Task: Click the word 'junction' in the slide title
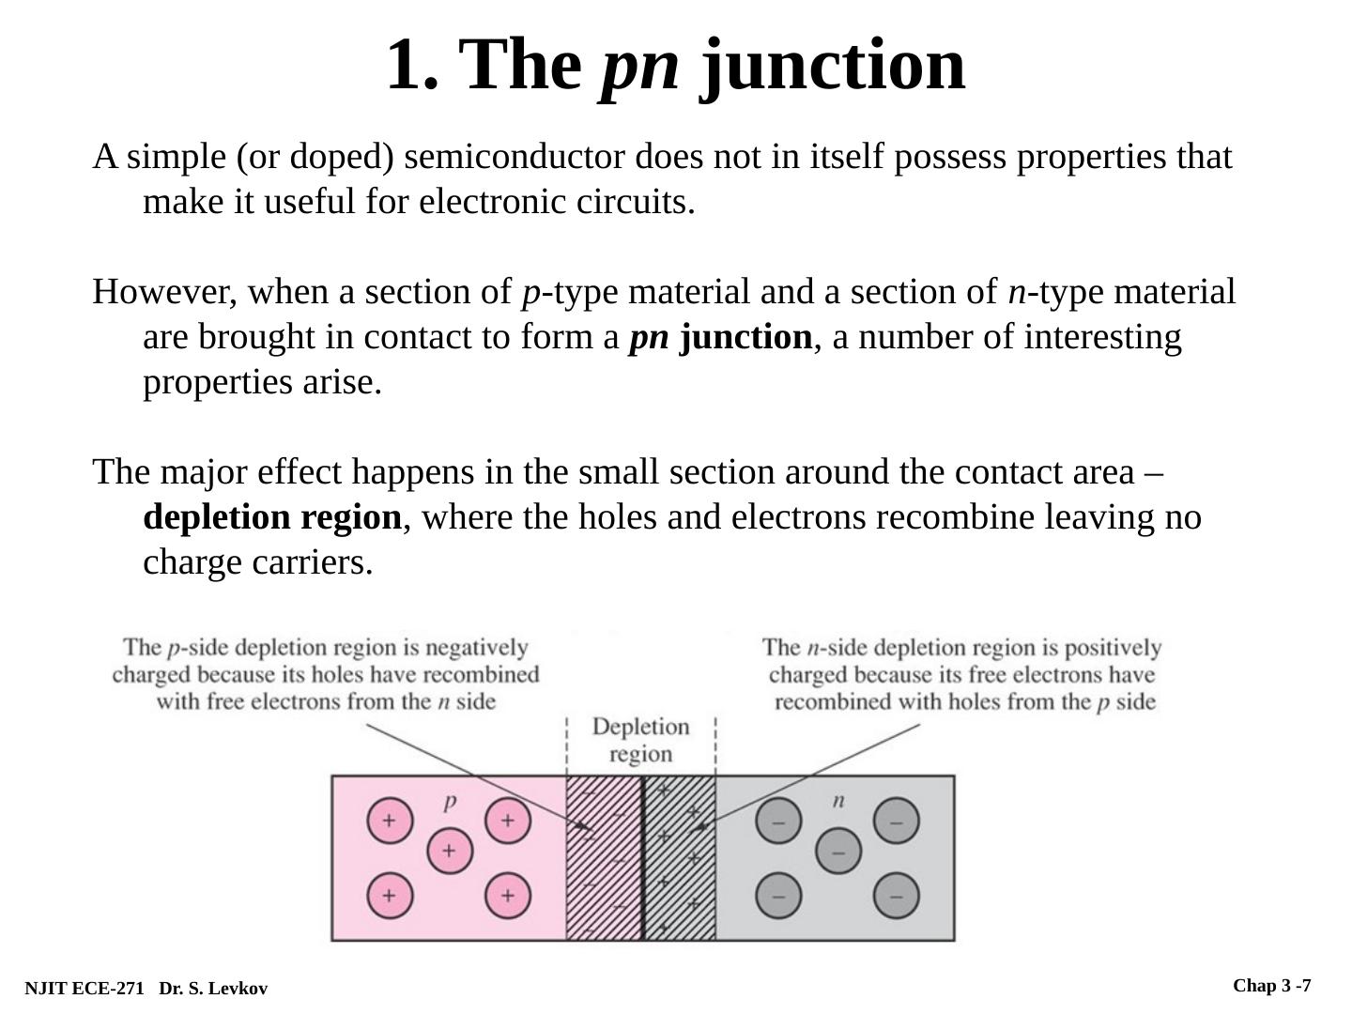[x=833, y=66]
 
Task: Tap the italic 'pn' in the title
[x=639, y=66]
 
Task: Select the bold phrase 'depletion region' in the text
[x=272, y=517]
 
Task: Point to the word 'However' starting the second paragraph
[x=164, y=292]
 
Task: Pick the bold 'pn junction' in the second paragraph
[x=720, y=337]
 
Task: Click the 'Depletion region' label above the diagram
[x=640, y=740]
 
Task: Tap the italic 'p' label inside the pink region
[x=450, y=800]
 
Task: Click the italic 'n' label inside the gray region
[x=838, y=800]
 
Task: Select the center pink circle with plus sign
[x=450, y=852]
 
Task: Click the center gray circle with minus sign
[x=838, y=853]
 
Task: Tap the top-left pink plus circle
[x=390, y=821]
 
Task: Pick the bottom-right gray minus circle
[x=897, y=896]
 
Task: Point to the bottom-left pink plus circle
[x=390, y=896]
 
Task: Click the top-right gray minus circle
[x=897, y=822]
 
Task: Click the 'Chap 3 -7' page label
[x=1271, y=986]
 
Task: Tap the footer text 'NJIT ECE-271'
[x=84, y=989]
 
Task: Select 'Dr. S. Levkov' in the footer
[x=213, y=989]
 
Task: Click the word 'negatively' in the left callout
[x=477, y=648]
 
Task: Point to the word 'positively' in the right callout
[x=1114, y=648]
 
